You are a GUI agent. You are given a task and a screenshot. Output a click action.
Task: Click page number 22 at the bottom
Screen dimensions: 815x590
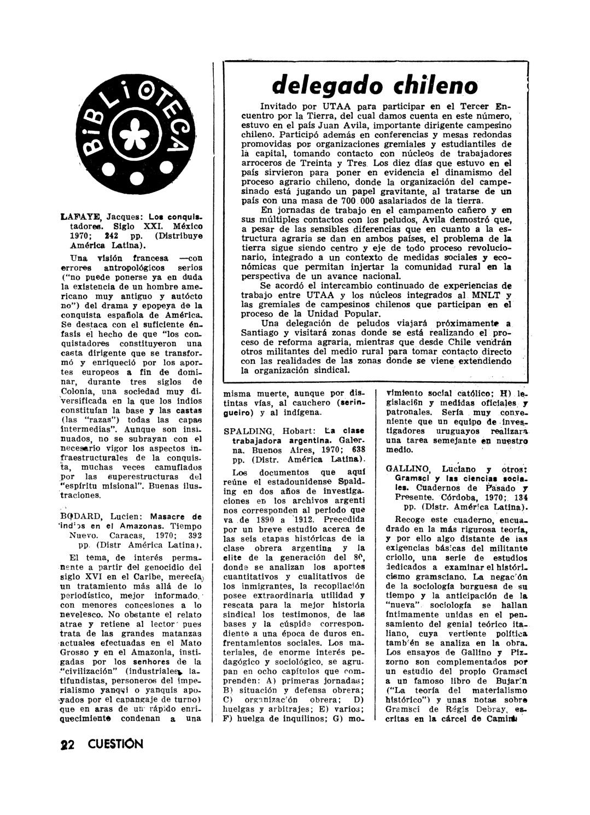70,744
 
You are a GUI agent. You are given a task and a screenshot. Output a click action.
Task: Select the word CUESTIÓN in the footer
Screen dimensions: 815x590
115,744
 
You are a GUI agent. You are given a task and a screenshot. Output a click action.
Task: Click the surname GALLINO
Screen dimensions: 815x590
404,469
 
